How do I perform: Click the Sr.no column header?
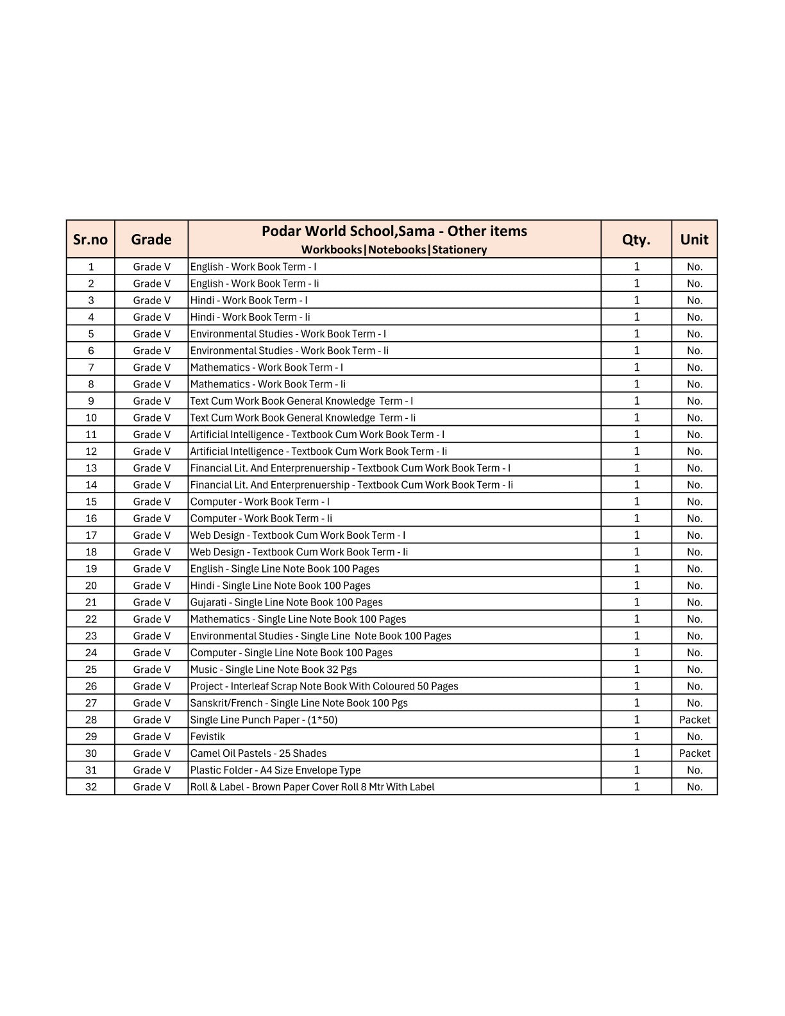pos(90,239)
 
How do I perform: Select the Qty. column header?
pos(636,239)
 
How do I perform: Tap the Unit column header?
pos(695,239)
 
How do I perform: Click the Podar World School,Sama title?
pos(394,231)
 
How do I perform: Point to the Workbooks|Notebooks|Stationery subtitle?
pos(394,250)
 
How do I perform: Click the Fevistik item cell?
pos(208,736)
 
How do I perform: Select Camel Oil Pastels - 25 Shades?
pos(258,753)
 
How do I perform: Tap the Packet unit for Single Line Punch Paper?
pos(695,720)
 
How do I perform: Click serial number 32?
pos(91,786)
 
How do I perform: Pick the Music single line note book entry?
pos(273,669)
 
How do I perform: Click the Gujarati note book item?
pos(286,602)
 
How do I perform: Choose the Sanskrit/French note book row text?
pos(299,703)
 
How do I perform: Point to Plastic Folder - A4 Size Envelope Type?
pos(275,770)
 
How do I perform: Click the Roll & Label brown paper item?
pos(312,786)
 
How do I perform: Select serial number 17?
pos(91,535)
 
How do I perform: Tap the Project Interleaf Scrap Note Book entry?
pos(324,686)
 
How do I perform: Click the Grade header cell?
pos(151,239)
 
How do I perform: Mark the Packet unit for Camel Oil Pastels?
pos(695,753)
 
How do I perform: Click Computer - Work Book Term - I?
pos(260,502)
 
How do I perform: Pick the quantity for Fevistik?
pos(636,736)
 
